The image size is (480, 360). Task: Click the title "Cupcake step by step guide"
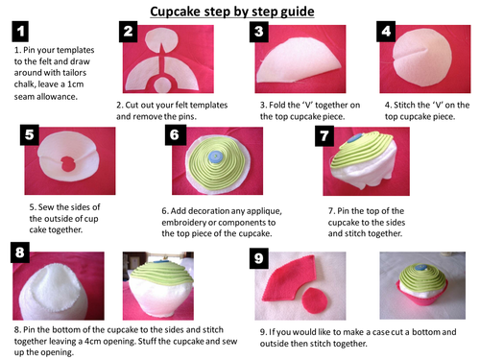coord(232,12)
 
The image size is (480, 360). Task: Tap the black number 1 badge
coord(20,32)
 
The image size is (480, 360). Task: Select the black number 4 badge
coord(386,32)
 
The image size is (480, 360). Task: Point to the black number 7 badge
coord(324,136)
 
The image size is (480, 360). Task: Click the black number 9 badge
coord(259,258)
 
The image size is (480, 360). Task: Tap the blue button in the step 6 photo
coord(215,156)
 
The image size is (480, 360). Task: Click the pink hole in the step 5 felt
coord(67,164)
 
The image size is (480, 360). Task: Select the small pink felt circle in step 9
coord(315,300)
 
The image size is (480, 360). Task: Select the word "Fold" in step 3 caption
coord(277,105)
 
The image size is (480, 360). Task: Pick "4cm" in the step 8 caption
coord(93,341)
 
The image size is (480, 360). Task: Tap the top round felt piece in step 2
coord(160,41)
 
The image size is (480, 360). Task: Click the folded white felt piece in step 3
coord(299,60)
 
